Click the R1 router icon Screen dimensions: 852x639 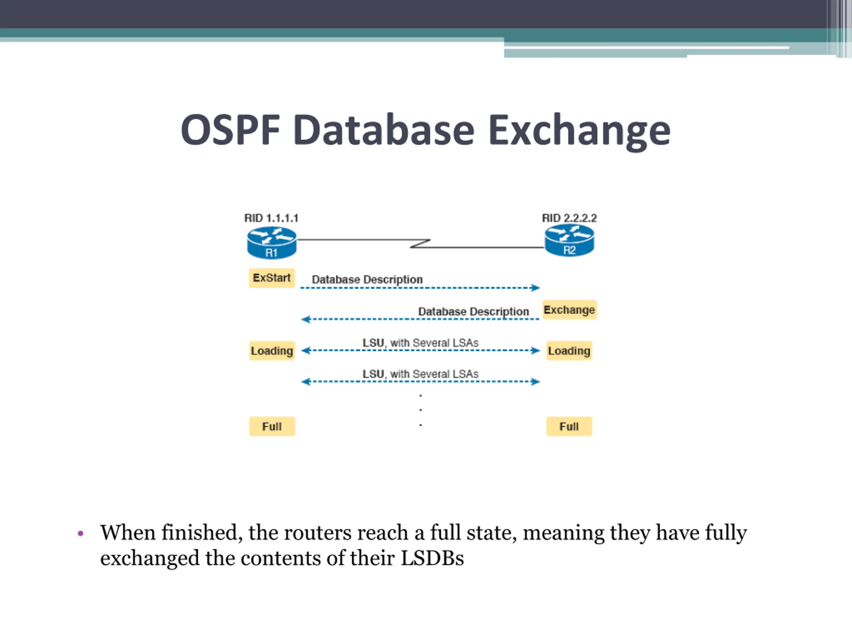coord(272,243)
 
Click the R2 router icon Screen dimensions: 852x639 coord(569,240)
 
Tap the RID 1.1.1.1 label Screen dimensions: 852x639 coord(271,218)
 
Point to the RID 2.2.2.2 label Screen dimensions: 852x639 coord(569,218)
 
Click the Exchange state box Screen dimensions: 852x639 coord(569,310)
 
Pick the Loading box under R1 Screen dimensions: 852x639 coord(272,350)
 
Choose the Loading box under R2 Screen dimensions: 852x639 coord(569,350)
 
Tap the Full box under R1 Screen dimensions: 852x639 coord(272,426)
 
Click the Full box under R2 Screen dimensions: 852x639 coord(569,426)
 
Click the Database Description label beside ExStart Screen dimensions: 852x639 coord(367,280)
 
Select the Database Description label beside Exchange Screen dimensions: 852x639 coord(473,312)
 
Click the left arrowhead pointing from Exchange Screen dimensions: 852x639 coord(306,319)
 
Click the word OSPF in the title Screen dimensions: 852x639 coord(230,130)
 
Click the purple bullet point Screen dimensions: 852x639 coord(81,533)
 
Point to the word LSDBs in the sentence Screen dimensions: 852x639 coord(432,558)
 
